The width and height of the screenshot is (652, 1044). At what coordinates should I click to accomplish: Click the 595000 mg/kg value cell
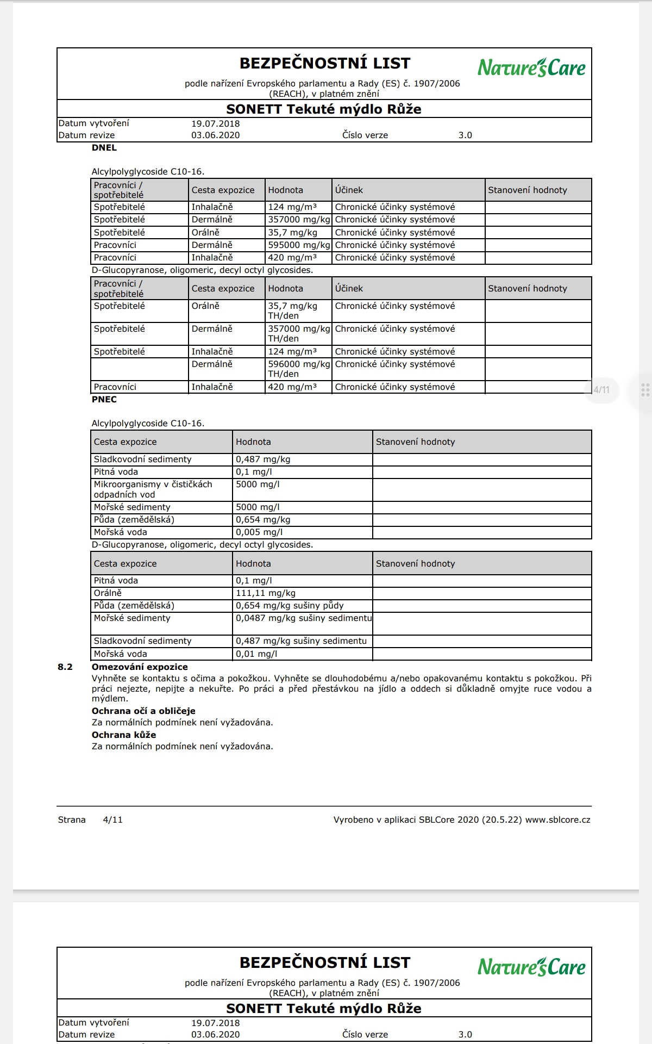pos(299,245)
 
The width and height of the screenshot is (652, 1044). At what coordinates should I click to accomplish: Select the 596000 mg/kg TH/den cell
pos(299,369)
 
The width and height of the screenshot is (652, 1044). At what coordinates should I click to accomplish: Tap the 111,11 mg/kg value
pos(266,593)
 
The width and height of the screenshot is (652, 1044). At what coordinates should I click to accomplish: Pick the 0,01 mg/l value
pos(256,654)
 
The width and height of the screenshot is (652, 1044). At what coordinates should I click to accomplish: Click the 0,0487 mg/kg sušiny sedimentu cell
pos(304,618)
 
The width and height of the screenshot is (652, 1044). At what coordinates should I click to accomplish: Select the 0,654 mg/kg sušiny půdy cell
pos(290,606)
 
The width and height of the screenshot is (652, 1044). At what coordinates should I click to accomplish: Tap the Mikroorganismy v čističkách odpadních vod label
pos(153,489)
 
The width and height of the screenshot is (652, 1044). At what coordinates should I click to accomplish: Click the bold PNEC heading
pos(104,400)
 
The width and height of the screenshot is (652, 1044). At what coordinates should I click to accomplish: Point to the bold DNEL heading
pos(104,148)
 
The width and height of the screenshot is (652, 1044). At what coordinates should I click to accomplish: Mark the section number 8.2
pos(65,667)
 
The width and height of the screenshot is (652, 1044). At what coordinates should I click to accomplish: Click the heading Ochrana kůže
pos(124,735)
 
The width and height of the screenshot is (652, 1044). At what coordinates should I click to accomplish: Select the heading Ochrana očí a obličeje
pos(143,711)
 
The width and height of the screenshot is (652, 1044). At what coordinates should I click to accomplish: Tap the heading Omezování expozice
pos(140,667)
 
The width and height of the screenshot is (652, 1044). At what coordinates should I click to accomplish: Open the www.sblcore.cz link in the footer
pos(557,820)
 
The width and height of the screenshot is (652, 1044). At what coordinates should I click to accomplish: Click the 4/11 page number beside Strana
pos(112,820)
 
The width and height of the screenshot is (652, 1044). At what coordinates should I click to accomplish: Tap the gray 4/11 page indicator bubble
pos(601,390)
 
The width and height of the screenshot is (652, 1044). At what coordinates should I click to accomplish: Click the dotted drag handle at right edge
pos(645,390)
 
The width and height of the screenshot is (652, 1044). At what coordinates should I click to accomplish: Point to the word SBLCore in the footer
pos(436,820)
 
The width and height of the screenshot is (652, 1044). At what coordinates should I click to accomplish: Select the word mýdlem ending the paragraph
pos(110,699)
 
